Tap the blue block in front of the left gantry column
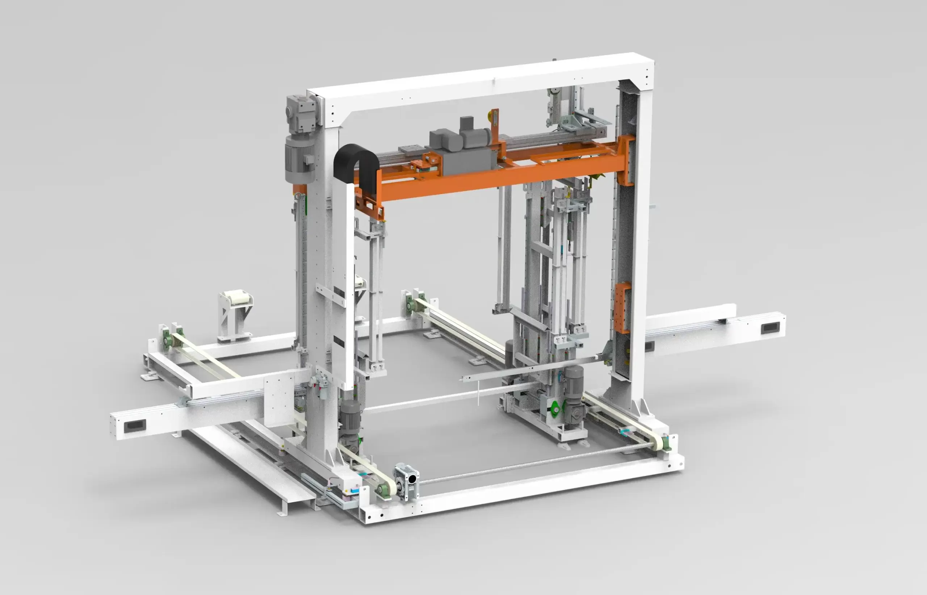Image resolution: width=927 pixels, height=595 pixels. (354, 490)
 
